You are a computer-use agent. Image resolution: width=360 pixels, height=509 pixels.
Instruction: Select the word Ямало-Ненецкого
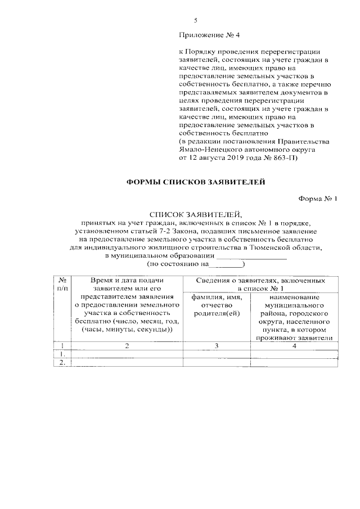point(207,151)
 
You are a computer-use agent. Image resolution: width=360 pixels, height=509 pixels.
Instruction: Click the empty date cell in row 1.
point(127,354)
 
